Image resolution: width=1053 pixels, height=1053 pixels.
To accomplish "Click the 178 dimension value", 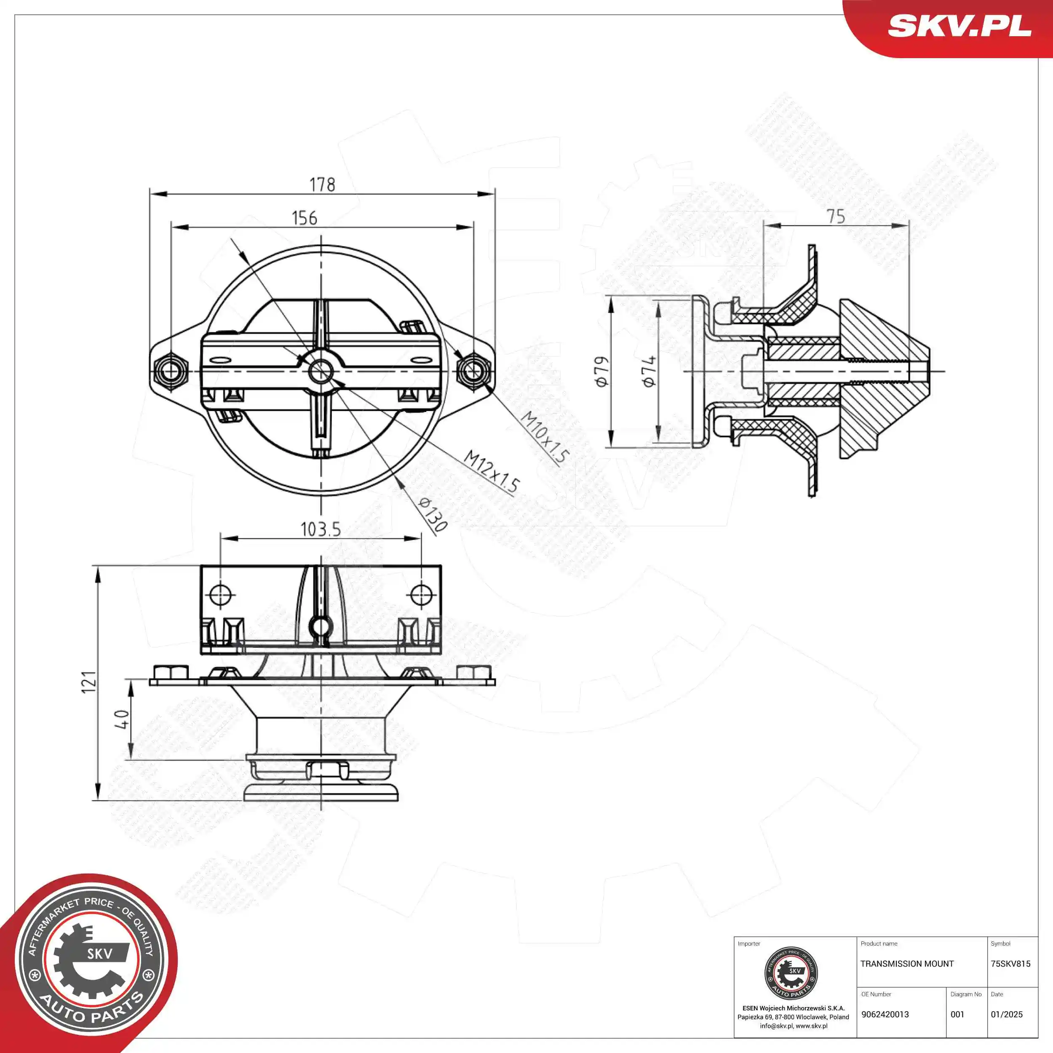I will [x=322, y=185].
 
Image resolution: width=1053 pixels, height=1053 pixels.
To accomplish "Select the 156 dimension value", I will [x=304, y=218].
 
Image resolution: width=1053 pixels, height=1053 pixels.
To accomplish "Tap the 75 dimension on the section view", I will [x=836, y=216].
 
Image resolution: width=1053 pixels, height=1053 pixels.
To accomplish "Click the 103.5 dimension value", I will [x=321, y=529].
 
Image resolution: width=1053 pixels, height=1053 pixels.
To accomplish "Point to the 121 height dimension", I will [x=89, y=682].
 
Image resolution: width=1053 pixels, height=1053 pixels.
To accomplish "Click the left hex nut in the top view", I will [x=171, y=371].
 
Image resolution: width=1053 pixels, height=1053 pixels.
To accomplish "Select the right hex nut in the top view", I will [x=473, y=371].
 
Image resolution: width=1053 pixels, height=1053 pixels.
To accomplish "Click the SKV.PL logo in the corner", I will [x=959, y=26].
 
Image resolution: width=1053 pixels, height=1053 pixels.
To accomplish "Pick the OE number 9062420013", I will [x=885, y=1014].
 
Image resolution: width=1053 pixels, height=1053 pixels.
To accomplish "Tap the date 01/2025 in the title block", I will [x=1006, y=1014].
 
